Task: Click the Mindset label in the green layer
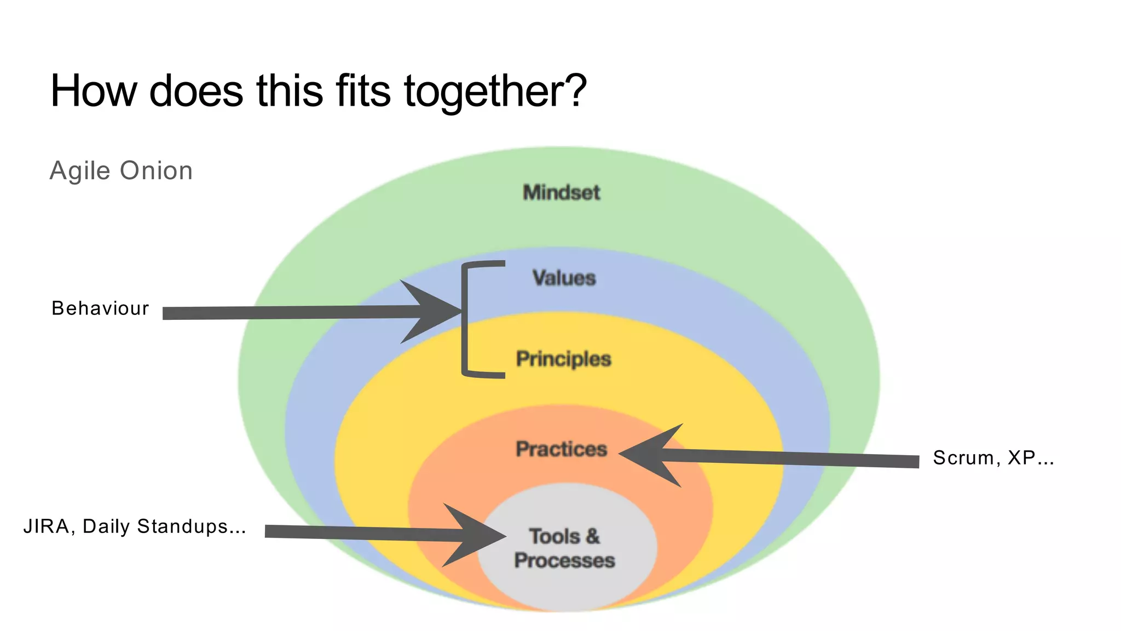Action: point(562,192)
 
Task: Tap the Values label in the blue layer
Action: point(564,278)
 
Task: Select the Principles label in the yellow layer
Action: point(563,359)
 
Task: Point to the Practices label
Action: point(562,449)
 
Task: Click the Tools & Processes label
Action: point(564,548)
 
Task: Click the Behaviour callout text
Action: point(100,308)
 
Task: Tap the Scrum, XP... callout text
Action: point(993,457)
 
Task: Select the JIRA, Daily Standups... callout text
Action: point(135,526)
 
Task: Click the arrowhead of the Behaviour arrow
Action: point(432,312)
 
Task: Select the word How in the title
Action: point(94,91)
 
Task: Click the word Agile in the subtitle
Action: point(80,171)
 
